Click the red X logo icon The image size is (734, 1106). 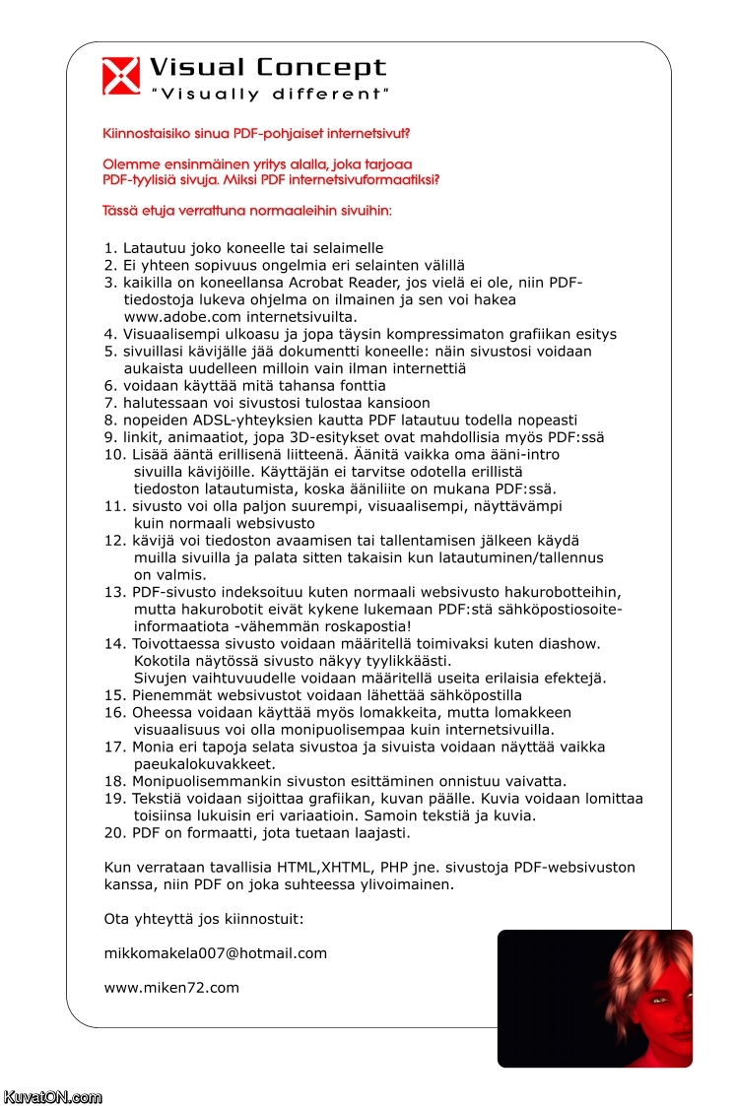click(x=121, y=76)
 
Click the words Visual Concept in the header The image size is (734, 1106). click(x=267, y=68)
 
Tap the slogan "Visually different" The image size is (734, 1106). click(x=269, y=95)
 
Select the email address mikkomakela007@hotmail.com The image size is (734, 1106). click(x=215, y=953)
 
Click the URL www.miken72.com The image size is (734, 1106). click(x=171, y=987)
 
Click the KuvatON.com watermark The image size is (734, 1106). click(x=52, y=1096)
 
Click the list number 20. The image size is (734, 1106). click(x=115, y=833)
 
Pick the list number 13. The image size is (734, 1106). click(x=115, y=592)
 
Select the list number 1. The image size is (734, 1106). click(x=109, y=248)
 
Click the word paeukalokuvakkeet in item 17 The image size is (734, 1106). click(x=204, y=764)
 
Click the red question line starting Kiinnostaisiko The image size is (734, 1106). click(x=256, y=133)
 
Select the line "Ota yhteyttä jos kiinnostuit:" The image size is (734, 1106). click(x=204, y=919)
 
